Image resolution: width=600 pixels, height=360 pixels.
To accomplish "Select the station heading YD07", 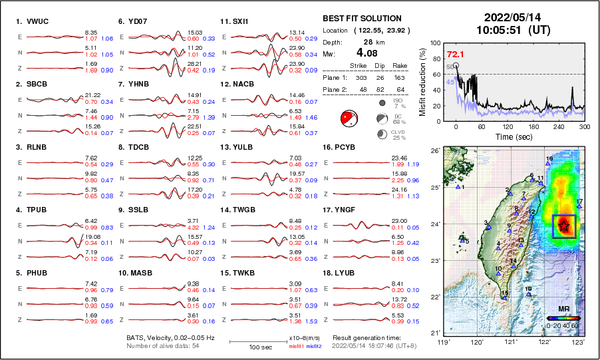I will tap(137, 21).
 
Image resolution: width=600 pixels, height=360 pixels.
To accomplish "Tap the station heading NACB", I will tap(240, 85).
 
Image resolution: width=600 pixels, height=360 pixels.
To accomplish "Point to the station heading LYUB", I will tap(343, 273).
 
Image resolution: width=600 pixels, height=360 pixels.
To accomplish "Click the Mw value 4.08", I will tap(369, 53).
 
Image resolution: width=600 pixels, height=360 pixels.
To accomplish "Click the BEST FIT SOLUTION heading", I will tap(362, 19).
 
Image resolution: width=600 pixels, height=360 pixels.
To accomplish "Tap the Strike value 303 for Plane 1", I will tap(355, 78).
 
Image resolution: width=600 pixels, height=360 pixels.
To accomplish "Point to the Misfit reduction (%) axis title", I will tap(423, 83).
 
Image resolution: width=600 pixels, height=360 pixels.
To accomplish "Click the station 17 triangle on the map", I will tap(579, 206).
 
